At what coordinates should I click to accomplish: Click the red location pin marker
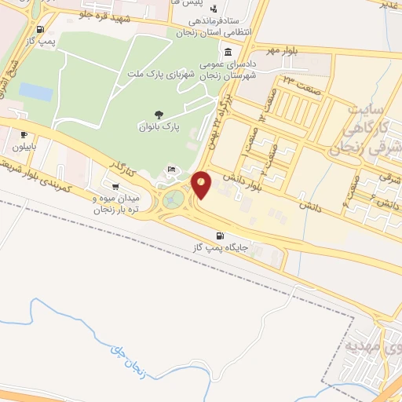[x=201, y=185]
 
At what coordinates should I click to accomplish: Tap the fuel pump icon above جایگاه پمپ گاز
[x=220, y=236]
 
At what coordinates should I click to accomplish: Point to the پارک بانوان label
[x=160, y=126]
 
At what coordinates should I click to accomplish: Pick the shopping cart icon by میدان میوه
[x=116, y=187]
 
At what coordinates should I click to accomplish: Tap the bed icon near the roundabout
[x=172, y=170]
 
